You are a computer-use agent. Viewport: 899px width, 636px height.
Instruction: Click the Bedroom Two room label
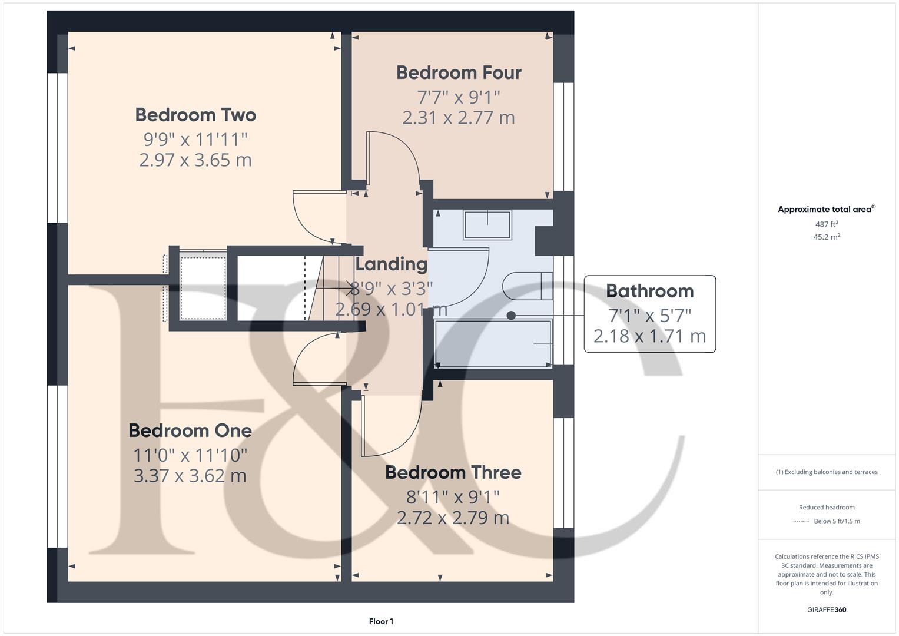coord(195,115)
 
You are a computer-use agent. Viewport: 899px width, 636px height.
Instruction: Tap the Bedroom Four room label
coord(459,72)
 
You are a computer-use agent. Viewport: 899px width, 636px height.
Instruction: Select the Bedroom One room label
coord(190,430)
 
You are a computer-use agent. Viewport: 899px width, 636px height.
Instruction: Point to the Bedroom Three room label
coord(453,472)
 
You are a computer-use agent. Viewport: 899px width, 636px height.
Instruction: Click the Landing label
coord(392,264)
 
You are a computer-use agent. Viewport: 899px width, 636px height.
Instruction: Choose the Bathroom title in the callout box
coord(649,291)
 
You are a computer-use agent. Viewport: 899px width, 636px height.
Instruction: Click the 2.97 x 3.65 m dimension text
coord(195,160)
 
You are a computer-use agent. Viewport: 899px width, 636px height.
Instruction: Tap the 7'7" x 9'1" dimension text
coord(459,96)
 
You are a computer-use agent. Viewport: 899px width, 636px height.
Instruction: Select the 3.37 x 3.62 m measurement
coord(190,476)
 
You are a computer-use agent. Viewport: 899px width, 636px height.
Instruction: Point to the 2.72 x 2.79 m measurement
coord(453,518)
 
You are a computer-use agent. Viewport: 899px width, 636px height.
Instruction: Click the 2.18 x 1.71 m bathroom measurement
coord(649,336)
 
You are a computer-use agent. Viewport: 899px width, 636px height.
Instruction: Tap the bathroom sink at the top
coord(487,224)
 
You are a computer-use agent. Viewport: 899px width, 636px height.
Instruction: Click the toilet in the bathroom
coord(527,287)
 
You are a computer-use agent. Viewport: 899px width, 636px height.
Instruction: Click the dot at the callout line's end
coord(511,316)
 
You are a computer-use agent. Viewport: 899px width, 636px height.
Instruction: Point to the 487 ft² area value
coord(827,224)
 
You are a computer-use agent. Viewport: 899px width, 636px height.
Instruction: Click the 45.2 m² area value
coord(827,237)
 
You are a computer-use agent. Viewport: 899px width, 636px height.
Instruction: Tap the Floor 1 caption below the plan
coord(381,621)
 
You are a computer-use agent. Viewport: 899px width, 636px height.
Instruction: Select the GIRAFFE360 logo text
coord(827,609)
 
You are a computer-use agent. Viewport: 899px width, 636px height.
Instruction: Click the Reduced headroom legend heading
coord(827,507)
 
